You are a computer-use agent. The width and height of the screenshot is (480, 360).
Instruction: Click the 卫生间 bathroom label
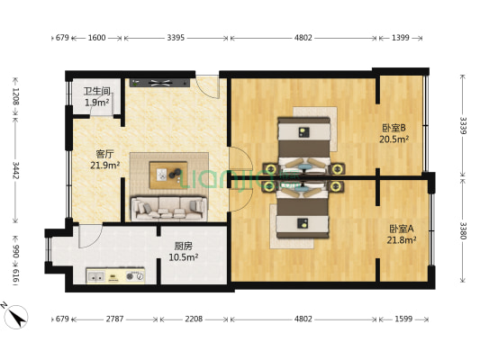[x=96, y=92]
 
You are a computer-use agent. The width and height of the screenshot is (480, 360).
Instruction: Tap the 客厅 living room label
[x=105, y=152]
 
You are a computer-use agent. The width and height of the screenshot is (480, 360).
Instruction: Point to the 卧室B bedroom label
[x=394, y=128]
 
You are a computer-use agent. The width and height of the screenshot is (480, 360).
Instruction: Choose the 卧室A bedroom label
[x=401, y=229]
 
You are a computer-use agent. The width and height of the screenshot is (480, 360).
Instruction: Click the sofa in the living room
[x=169, y=209]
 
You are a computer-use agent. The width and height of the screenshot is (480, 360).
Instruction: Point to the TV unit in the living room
[x=160, y=84]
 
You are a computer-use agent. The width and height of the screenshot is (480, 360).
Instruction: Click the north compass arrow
[x=15, y=317]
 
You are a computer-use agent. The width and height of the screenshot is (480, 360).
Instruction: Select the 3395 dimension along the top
[x=176, y=38]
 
